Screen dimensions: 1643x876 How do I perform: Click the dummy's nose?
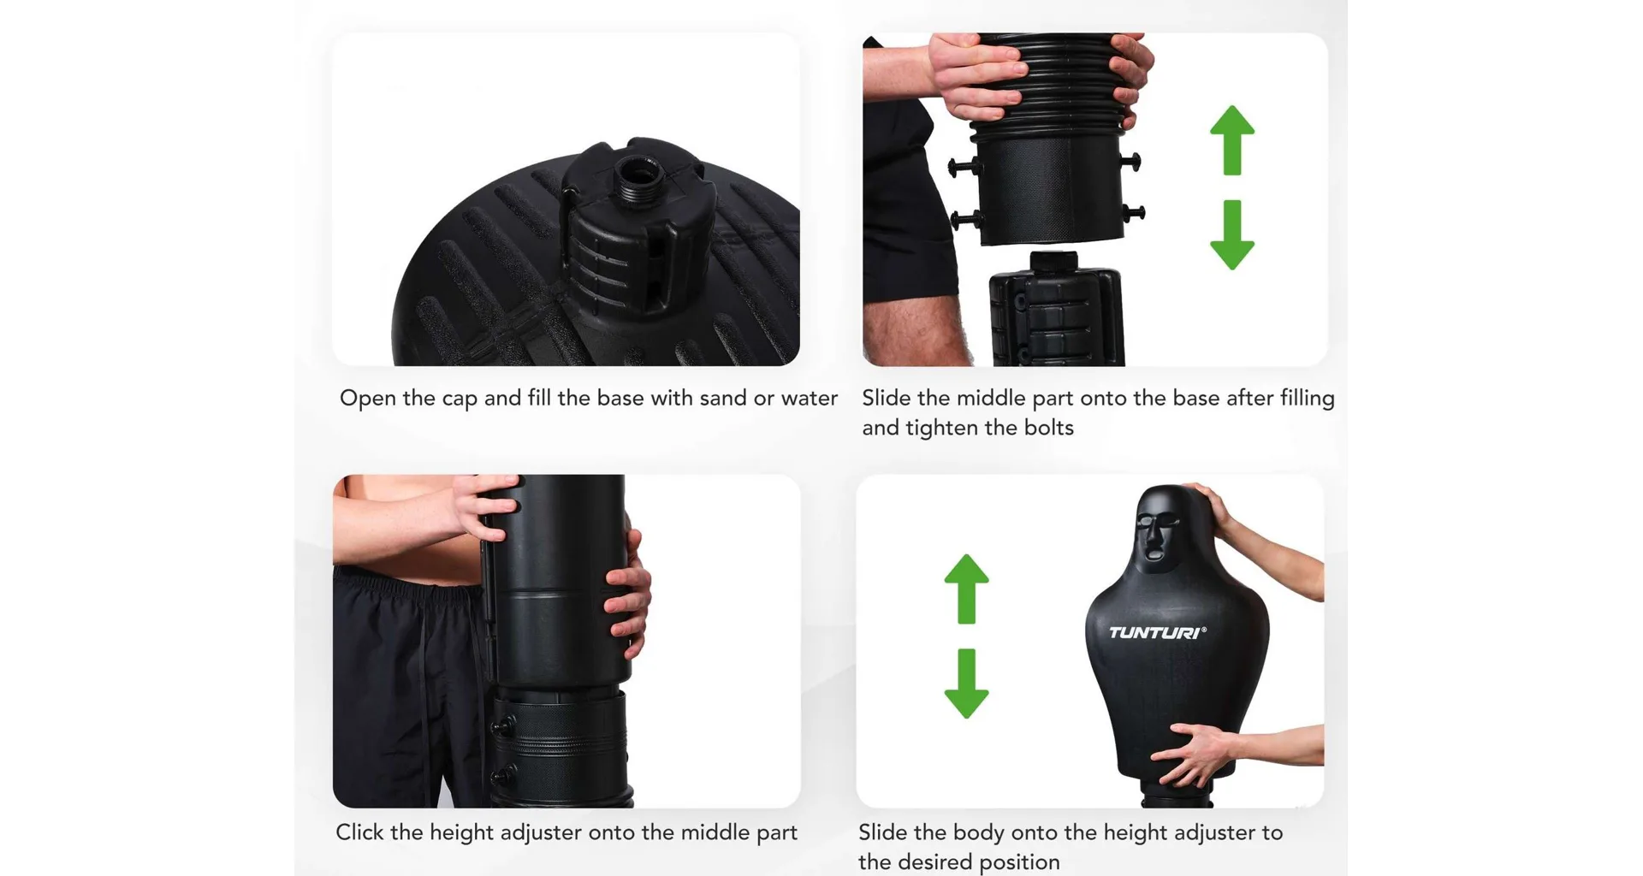pyautogui.click(x=1153, y=537)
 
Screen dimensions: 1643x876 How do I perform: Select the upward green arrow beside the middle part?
pyautogui.click(x=1232, y=140)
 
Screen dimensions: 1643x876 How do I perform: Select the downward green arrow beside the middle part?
pyautogui.click(x=1232, y=235)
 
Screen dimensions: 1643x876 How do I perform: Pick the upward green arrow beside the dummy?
pyautogui.click(x=966, y=589)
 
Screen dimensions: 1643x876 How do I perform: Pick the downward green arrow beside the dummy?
pyautogui.click(x=966, y=684)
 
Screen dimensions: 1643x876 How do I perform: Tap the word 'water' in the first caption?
pyautogui.click(x=810, y=399)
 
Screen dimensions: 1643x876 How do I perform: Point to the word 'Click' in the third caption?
pyautogui.click(x=360, y=832)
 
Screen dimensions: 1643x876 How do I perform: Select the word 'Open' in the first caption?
pyautogui.click(x=368, y=399)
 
